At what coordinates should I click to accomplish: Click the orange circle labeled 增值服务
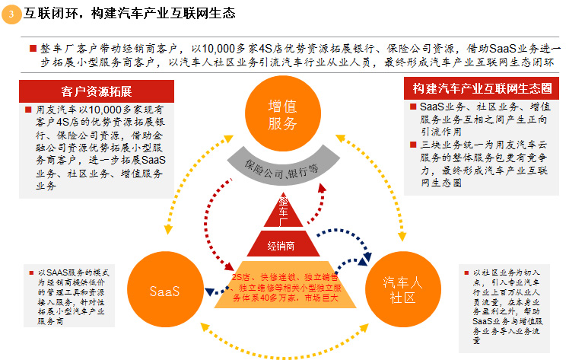282,114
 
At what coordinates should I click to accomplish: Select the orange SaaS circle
164,290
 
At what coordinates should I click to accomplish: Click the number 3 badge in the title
11,13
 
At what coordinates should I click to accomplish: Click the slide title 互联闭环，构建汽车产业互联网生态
129,14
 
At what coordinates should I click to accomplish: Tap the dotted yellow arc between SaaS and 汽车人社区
282,343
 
